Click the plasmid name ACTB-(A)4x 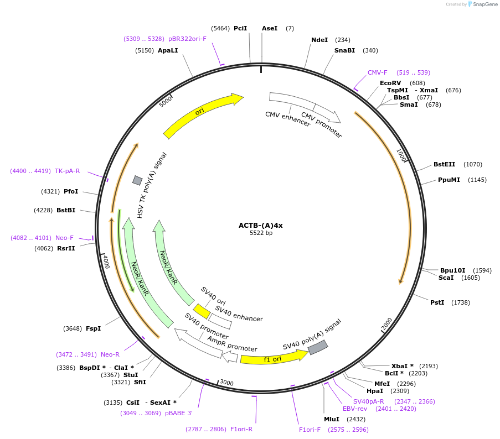click(260, 225)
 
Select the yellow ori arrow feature click(203, 114)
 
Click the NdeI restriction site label click(319, 40)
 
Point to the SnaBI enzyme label click(344, 50)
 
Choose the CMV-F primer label click(378, 72)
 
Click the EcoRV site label click(390, 83)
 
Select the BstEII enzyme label click(445, 164)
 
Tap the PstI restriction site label click(437, 302)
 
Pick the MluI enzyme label click(332, 419)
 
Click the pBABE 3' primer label click(178, 413)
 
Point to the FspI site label click(93, 328)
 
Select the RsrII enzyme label click(66, 248)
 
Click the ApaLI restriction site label click(168, 50)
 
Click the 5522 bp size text click(261, 233)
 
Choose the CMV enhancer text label click(288, 119)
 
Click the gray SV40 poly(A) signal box click(318, 347)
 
